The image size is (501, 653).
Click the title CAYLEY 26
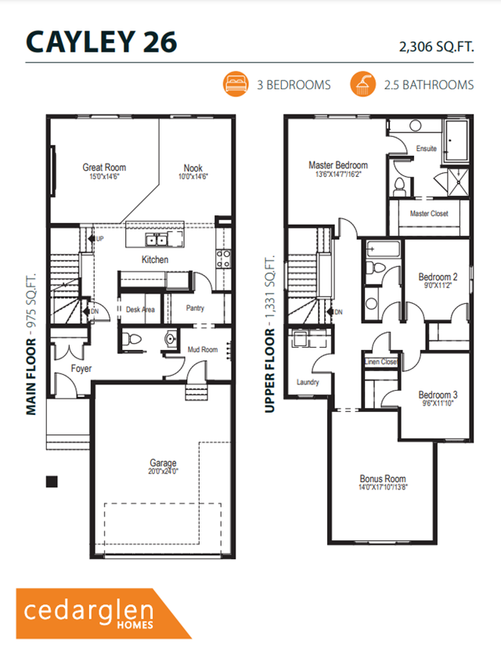(102, 41)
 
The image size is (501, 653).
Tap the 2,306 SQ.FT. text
(436, 47)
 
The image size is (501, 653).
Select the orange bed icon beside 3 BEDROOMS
(234, 83)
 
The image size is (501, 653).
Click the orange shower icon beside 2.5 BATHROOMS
(361, 83)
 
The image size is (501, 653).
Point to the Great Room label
(104, 168)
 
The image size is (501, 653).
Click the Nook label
(193, 168)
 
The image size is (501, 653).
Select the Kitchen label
(154, 259)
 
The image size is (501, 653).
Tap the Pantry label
(195, 308)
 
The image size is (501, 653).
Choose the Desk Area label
(140, 309)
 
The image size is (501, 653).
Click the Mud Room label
(203, 350)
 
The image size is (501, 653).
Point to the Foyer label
(81, 368)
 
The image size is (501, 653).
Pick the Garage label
(164, 463)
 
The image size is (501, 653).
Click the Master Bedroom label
(337, 166)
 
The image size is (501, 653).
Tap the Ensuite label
(427, 148)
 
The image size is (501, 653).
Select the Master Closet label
(429, 213)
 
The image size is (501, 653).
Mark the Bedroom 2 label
(438, 278)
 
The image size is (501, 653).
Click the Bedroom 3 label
(438, 395)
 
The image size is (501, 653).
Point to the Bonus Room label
(383, 479)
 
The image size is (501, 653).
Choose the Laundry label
(308, 383)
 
